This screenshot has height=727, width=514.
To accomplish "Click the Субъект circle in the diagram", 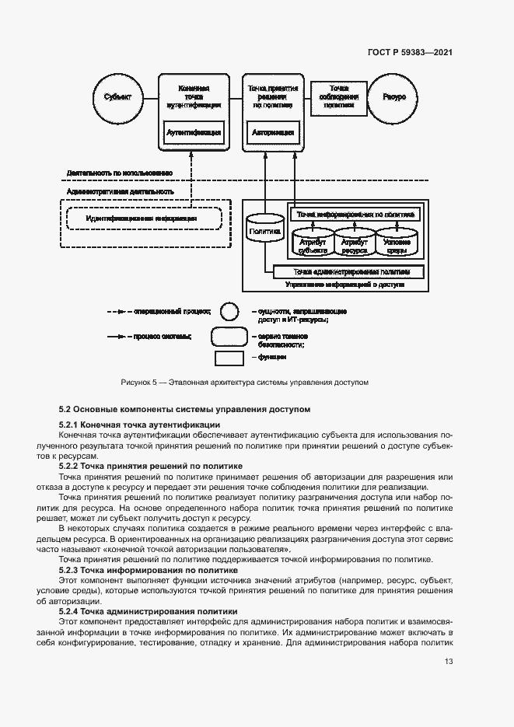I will coord(117,96).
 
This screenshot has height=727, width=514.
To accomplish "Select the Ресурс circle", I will coord(394,96).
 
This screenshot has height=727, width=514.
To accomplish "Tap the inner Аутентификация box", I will coord(194,133).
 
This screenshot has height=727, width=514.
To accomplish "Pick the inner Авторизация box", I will coord(272,133).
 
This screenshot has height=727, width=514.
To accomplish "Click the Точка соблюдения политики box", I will coord(338,96).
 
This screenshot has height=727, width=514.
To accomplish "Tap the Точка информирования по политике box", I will coord(355,213).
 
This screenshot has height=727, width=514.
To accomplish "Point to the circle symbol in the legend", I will coord(229,312).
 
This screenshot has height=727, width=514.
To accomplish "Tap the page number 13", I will coord(449,662).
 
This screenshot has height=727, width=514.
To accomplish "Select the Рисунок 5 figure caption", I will coord(244,383).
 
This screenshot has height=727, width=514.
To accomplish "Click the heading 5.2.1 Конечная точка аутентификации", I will coord(139,425).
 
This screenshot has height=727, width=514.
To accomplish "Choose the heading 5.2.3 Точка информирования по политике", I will coord(148,570).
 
